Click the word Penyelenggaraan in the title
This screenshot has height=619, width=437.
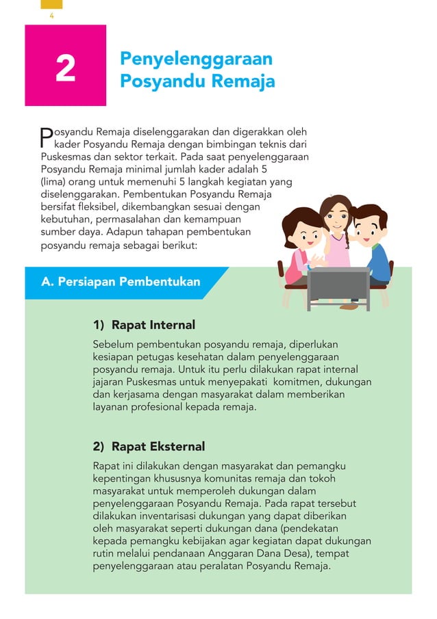pos(196,58)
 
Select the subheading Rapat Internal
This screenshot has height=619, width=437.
pos(153,325)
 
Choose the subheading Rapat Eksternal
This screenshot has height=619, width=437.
pos(158,447)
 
